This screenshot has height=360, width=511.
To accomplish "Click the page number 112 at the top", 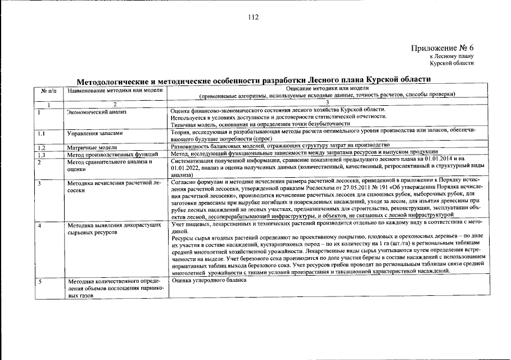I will tap(254, 17).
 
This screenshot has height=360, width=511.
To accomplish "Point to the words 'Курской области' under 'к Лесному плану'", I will tap(452, 63).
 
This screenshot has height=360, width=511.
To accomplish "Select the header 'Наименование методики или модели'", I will tap(110, 91).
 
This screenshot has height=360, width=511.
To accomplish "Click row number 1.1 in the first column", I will tap(41, 134).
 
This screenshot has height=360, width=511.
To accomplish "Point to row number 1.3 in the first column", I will tap(41, 154).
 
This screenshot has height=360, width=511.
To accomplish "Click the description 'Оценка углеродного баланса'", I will tap(209, 280).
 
